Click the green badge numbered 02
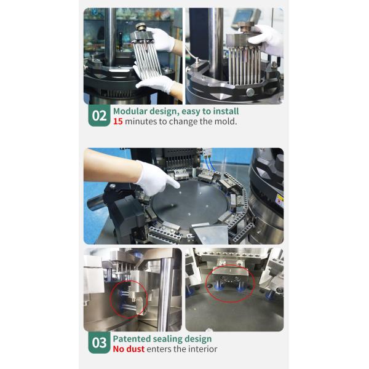point(99,116)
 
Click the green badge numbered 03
point(99,343)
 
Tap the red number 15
point(118,121)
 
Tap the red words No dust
point(129,349)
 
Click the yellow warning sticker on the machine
point(280,200)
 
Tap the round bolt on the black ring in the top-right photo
point(250,92)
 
